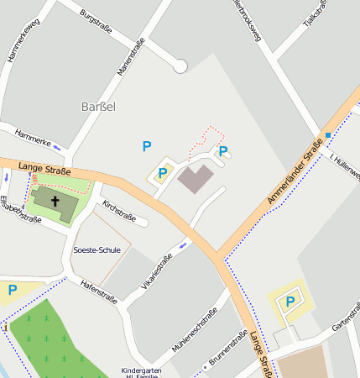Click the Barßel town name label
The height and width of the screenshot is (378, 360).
point(98,107)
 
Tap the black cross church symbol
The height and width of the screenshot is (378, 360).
point(55,201)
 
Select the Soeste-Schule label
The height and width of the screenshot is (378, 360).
point(97,249)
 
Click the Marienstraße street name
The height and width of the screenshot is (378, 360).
point(131,57)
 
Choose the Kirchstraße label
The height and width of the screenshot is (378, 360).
point(118,211)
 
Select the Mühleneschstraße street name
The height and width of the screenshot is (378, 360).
point(194,328)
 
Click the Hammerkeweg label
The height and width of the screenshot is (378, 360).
point(23,42)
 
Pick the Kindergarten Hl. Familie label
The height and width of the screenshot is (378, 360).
point(140,373)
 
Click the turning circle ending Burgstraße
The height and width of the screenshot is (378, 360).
point(180,66)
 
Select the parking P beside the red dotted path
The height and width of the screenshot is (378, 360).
point(223,151)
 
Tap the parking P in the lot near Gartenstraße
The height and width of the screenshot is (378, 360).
point(290,302)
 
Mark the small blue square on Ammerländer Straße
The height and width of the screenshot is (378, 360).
point(327,135)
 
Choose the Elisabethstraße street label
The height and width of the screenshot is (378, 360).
point(20,209)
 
